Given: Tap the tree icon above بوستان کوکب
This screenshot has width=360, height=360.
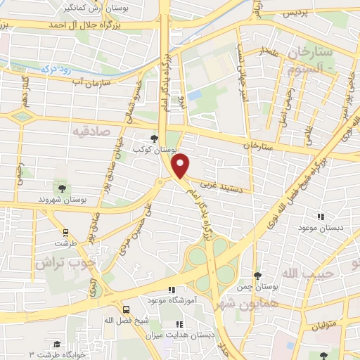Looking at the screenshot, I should [x=155, y=139].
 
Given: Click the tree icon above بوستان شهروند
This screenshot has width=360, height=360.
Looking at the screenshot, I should [x=62, y=188].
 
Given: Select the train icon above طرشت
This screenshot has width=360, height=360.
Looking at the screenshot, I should [x=66, y=231].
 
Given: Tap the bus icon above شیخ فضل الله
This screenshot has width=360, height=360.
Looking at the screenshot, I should [x=125, y=309].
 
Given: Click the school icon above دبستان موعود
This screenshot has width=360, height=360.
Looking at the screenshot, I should [x=321, y=218].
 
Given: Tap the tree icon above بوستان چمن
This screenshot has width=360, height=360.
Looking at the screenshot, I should [x=257, y=276].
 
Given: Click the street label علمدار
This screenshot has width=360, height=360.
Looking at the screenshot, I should [x=267, y=51].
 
